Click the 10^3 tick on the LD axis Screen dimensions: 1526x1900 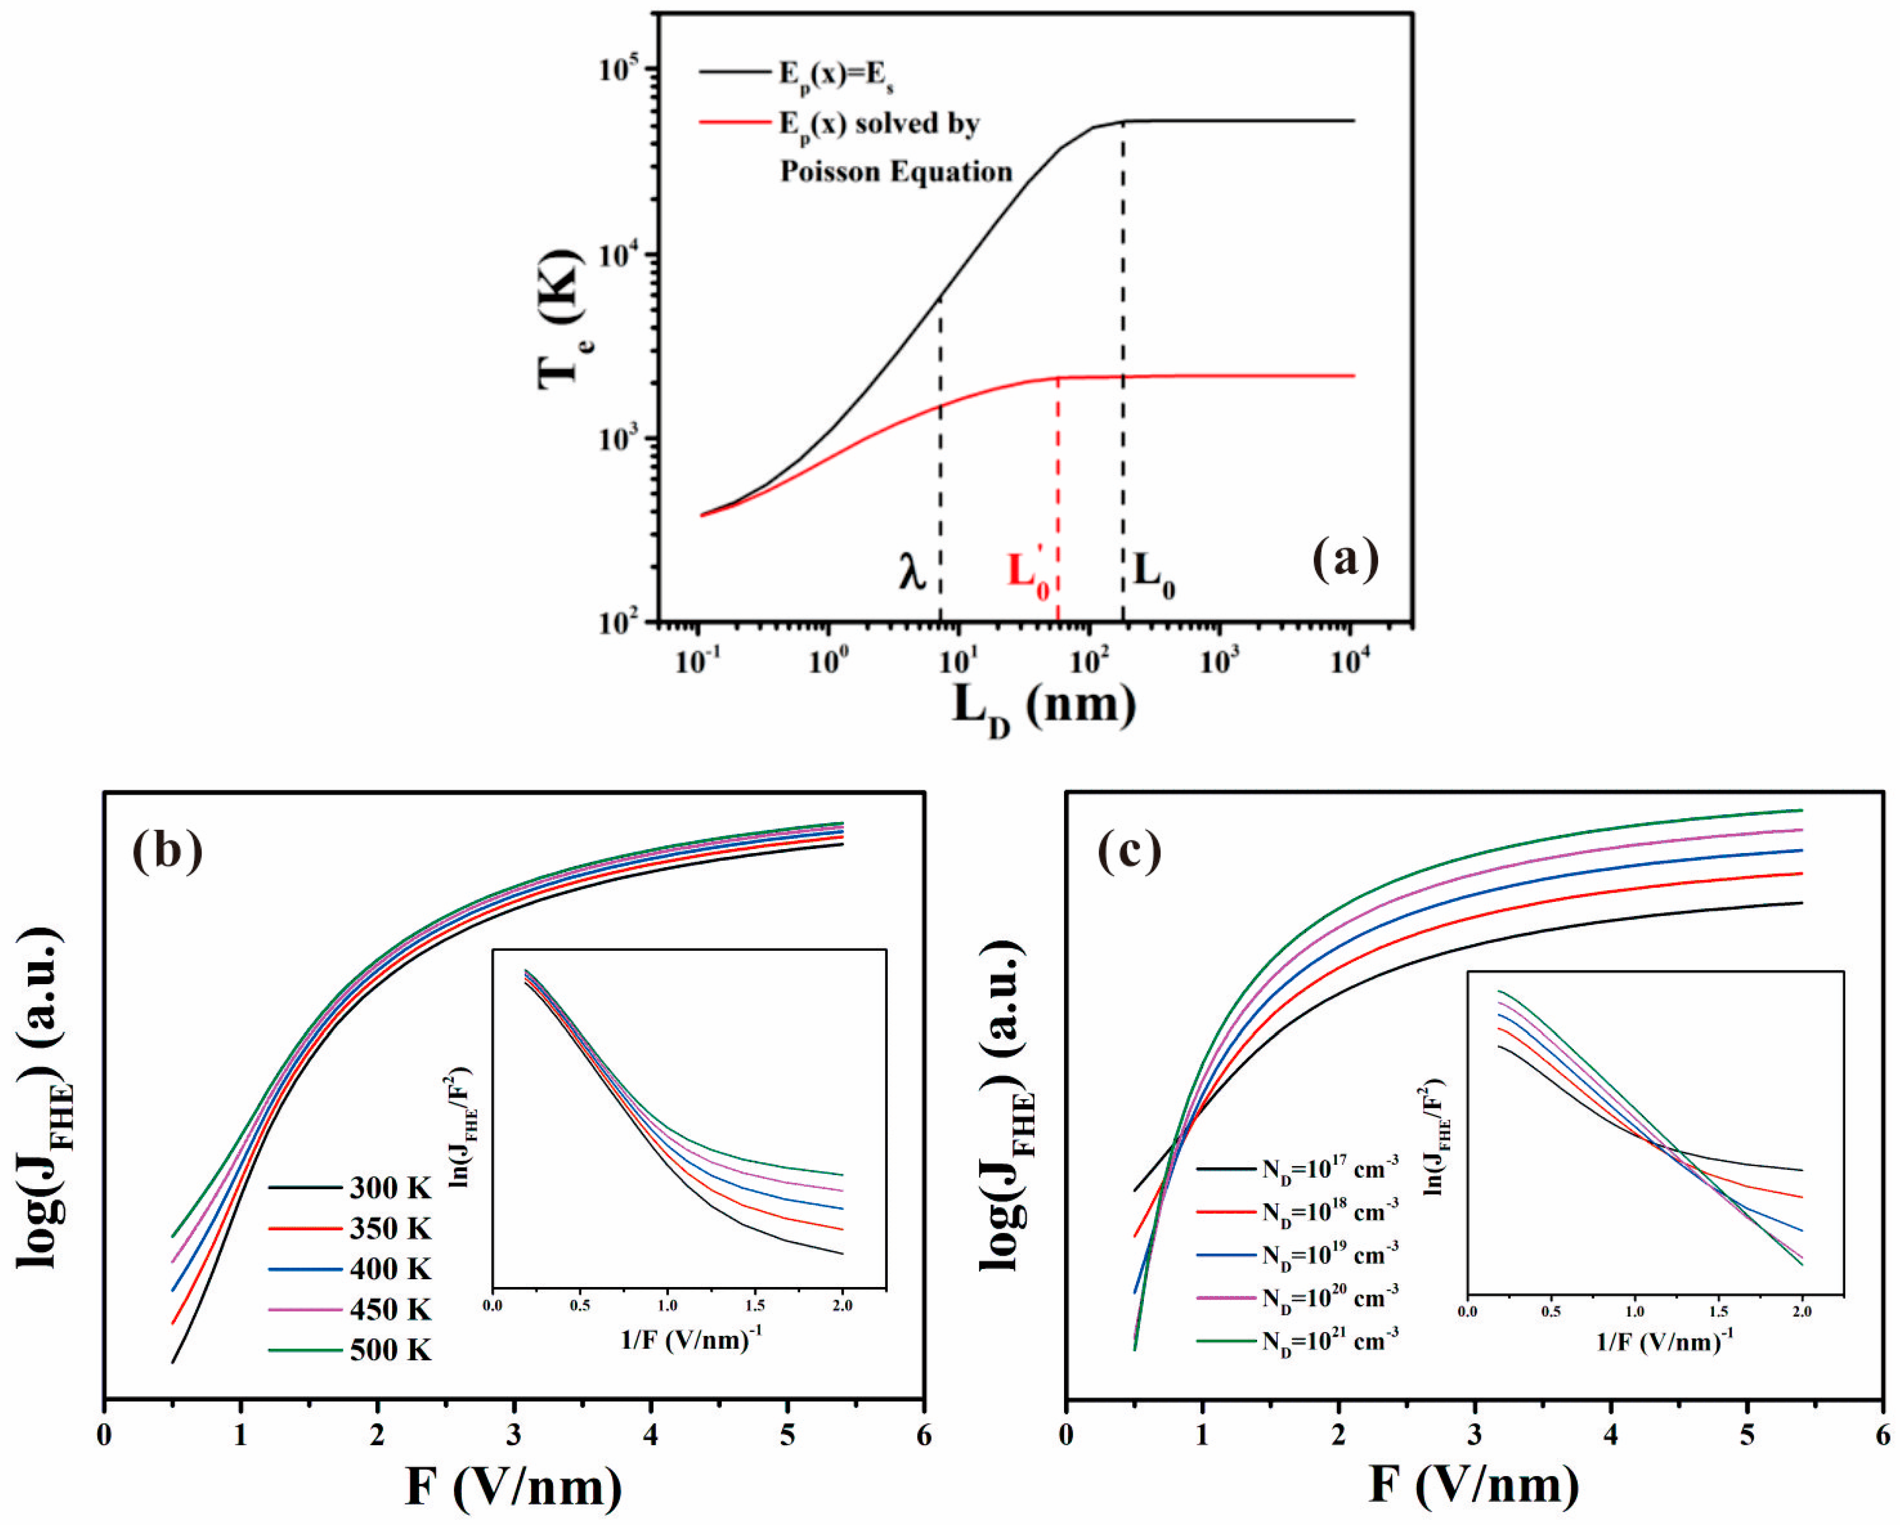1219,661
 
